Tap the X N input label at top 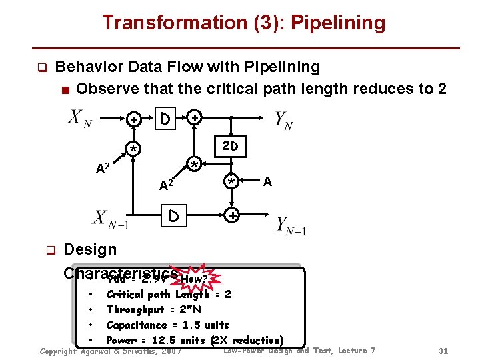coord(79,120)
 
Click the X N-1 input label coord(109,219)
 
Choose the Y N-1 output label coord(291,226)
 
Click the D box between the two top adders coord(163,119)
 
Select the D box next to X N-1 coord(173,217)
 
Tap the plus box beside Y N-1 coord(231,217)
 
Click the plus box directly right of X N coord(134,120)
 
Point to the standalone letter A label coord(267,181)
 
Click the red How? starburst coord(199,278)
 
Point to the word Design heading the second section coord(89,249)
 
